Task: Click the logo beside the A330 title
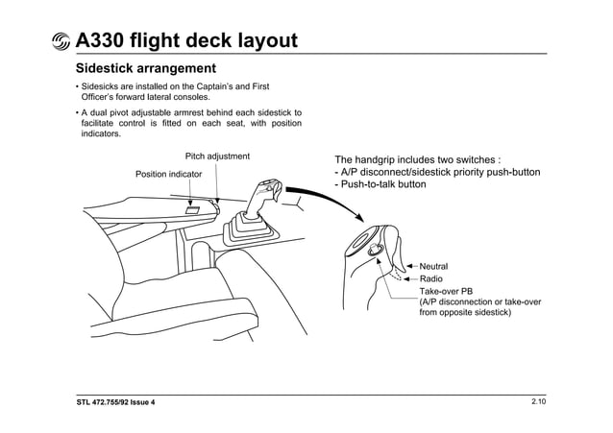(x=60, y=41)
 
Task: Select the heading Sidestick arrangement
(x=145, y=69)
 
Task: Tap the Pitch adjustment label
(x=217, y=156)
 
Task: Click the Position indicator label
(x=168, y=174)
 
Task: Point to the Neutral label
(x=433, y=265)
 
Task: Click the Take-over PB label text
(x=446, y=290)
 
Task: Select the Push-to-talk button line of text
(x=380, y=184)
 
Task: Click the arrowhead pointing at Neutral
(x=410, y=265)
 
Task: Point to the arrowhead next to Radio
(x=410, y=277)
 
